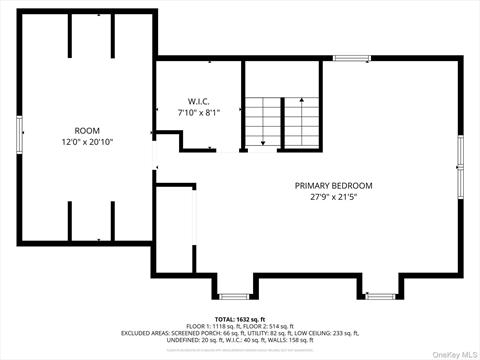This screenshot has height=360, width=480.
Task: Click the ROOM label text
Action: coord(87,131)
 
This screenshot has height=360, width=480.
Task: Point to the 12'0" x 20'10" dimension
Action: coord(87,142)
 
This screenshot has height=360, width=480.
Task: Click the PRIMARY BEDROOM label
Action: coord(333,186)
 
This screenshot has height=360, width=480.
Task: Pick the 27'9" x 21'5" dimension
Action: coord(333,197)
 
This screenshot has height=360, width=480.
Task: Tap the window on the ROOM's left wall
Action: coord(18,137)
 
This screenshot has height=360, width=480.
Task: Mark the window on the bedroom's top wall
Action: coord(352,58)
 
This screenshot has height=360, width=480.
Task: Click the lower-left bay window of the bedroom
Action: coord(234,295)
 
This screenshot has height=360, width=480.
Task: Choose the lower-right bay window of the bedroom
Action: coord(380,295)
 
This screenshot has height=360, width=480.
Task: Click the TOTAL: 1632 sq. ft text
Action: coord(240,318)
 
